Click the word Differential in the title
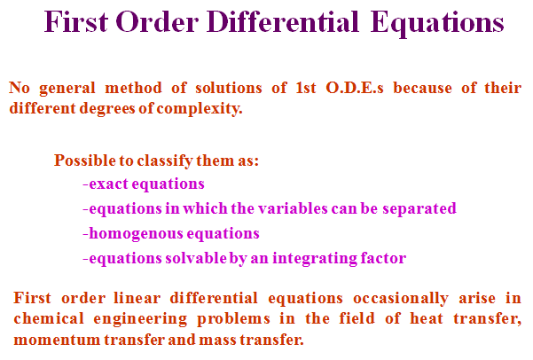click(x=283, y=22)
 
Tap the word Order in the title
click(x=157, y=22)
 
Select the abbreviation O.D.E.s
click(x=355, y=88)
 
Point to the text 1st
click(x=306, y=88)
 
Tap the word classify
click(x=165, y=160)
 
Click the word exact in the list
click(x=108, y=184)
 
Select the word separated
click(x=419, y=208)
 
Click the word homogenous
click(x=136, y=234)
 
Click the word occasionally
click(x=401, y=299)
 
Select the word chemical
click(x=49, y=318)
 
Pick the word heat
click(x=427, y=318)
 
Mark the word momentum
click(x=57, y=340)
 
